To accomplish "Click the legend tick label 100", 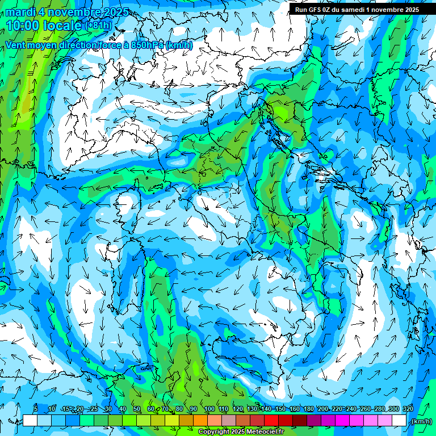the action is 209,409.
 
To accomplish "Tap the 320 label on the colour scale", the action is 408,409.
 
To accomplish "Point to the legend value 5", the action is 35,409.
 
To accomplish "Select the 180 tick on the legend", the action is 308,409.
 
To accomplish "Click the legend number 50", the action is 137,409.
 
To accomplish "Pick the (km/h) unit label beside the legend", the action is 421,421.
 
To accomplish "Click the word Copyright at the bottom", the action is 214,432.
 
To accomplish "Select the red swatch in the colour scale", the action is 271,421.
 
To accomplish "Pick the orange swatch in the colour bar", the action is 200,421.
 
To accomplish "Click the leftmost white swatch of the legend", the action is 30,421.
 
